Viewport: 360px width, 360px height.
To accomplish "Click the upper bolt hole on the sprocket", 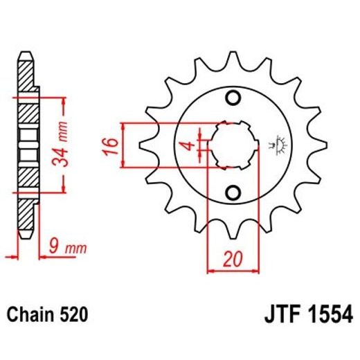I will tap(233, 96).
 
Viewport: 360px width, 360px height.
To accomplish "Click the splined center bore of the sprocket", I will tap(232, 144).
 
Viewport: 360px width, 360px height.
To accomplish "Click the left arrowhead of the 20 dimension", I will tap(211, 270).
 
